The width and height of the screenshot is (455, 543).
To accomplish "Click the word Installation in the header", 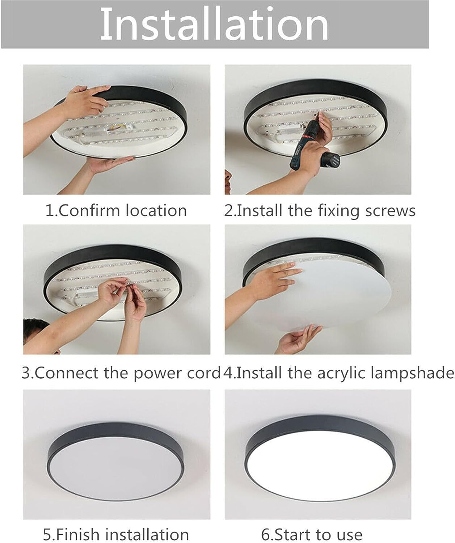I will click(214, 24).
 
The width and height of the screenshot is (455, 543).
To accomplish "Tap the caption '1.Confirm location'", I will click(116, 210).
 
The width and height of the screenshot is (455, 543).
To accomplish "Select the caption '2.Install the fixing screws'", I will click(320, 210).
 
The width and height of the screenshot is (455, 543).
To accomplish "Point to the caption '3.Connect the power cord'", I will click(121, 373).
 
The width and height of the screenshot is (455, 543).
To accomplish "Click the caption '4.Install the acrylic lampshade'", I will click(338, 373).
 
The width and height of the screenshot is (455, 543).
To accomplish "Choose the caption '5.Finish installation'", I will click(116, 534).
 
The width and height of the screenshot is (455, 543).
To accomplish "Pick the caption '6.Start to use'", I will click(312, 534).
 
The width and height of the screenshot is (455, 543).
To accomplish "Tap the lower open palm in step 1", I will click(109, 165).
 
